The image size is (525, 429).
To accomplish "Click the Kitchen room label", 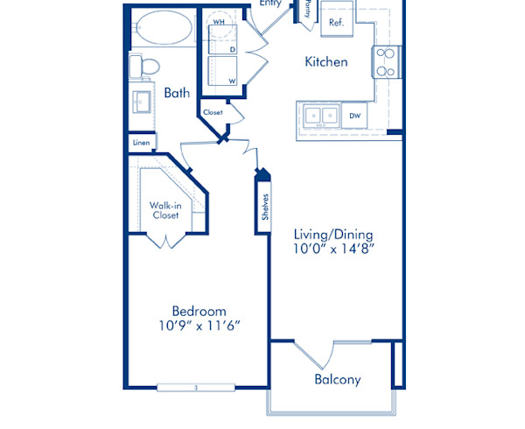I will [325, 62].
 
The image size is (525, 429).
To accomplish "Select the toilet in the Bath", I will [146, 67].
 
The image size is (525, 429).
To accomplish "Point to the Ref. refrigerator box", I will [335, 22].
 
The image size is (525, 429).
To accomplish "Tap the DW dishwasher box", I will [355, 115].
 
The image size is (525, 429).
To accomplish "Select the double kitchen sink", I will [318, 115].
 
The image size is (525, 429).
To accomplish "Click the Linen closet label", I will [140, 143].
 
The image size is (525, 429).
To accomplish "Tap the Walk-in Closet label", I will [164, 210].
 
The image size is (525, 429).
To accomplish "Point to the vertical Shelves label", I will [264, 207].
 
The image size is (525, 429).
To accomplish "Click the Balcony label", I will [337, 380].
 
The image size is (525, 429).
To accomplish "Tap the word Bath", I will [177, 92].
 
